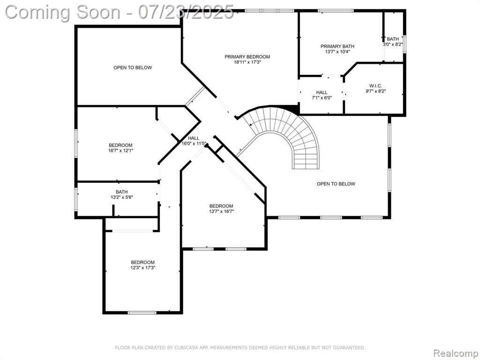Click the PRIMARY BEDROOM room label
[247, 57]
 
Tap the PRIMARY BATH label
[337, 46]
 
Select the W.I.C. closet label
[375, 86]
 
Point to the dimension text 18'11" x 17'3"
[247, 62]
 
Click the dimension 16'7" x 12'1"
[120, 150]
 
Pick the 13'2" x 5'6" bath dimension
[122, 197]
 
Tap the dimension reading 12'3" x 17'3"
[142, 268]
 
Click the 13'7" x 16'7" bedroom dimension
[221, 211]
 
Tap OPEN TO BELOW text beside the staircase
[336, 184]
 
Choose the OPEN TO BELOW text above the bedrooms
[133, 67]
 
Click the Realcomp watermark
[456, 353]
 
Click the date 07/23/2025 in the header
[186, 12]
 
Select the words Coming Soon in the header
[63, 13]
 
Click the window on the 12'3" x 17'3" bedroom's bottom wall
[142, 313]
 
